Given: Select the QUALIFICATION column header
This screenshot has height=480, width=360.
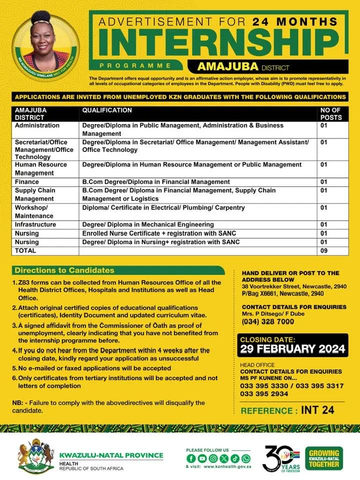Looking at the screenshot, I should tap(107, 110).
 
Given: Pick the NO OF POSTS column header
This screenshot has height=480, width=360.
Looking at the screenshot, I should tap(331, 113).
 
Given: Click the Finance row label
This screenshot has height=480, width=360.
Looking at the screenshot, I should tap(27, 182).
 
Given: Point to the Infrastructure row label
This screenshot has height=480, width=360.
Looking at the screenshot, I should tap(35, 224).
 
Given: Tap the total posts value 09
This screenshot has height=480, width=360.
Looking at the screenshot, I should tap(324, 250).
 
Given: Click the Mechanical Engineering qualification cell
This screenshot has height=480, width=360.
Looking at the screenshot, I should tap(148, 224).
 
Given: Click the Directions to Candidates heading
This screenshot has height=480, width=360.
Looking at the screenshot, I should tap(64, 270).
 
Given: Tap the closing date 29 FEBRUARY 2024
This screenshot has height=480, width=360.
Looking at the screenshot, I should tap(293, 348).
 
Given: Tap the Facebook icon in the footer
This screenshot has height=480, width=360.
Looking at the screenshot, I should tap(190, 458).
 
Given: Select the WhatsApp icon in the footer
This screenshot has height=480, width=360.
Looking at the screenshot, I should tap(245, 458).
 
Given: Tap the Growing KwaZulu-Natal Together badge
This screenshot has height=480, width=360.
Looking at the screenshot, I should tap(324, 457).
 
